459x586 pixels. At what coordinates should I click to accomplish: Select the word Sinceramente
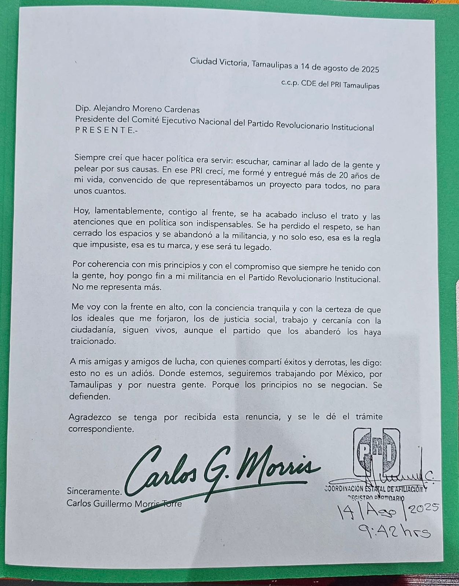point(94,492)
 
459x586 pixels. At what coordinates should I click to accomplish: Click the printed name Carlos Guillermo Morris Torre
point(124,504)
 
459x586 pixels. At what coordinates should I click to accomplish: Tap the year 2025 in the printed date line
point(370,68)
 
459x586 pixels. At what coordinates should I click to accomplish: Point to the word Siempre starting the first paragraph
point(88,158)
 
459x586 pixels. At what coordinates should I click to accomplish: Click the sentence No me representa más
point(117,287)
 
